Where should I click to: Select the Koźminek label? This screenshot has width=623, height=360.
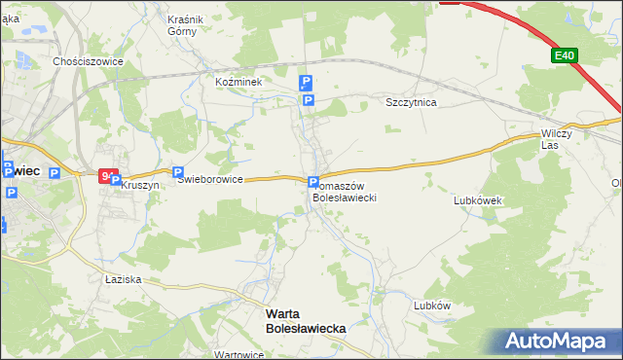click(x=239, y=83)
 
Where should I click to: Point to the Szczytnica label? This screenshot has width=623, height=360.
click(x=412, y=101)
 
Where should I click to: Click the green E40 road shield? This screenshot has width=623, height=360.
click(x=565, y=56)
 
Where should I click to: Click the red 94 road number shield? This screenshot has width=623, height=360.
click(x=106, y=176)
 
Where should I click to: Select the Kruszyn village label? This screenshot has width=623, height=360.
click(x=140, y=185)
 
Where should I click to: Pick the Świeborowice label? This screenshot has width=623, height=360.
click(x=209, y=179)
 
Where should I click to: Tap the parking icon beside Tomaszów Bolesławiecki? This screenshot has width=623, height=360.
click(x=313, y=182)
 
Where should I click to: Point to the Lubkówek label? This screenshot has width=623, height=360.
click(x=477, y=200)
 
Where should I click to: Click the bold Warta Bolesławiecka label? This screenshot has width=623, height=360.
click(x=306, y=322)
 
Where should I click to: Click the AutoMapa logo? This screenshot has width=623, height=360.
click(x=556, y=342)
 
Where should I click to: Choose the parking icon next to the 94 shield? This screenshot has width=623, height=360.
click(x=116, y=180)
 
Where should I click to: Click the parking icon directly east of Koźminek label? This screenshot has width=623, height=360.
click(x=306, y=83)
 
